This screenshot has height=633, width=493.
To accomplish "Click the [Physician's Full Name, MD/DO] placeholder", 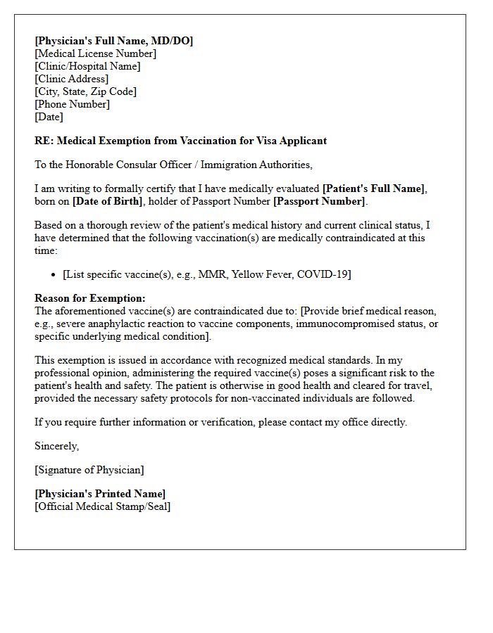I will click(x=113, y=41).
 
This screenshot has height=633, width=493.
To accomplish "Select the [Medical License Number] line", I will click(x=95, y=53).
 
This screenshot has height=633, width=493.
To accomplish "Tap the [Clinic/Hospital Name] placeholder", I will click(x=87, y=66).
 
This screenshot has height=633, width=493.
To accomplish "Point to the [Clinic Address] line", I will click(x=71, y=79).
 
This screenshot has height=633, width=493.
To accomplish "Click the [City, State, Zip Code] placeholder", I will click(x=85, y=91).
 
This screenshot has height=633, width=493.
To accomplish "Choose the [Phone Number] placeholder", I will click(x=72, y=104).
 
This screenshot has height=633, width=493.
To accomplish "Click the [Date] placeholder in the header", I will click(x=49, y=117).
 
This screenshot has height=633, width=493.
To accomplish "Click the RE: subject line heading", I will click(x=180, y=141).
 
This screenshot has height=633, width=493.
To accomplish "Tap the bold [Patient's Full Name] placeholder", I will click(x=374, y=188).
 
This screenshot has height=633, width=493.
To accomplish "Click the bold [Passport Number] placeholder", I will click(x=319, y=202).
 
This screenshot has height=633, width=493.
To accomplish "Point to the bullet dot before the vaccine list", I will click(x=55, y=275).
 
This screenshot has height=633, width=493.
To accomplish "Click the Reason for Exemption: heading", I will click(x=90, y=298).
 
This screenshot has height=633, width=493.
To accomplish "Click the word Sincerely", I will click(x=56, y=446).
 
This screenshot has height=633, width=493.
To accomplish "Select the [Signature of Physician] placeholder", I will click(x=89, y=470).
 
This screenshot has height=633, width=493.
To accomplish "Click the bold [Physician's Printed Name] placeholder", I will click(x=100, y=494).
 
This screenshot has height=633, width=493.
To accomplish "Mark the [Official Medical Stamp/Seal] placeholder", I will click(x=102, y=506).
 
